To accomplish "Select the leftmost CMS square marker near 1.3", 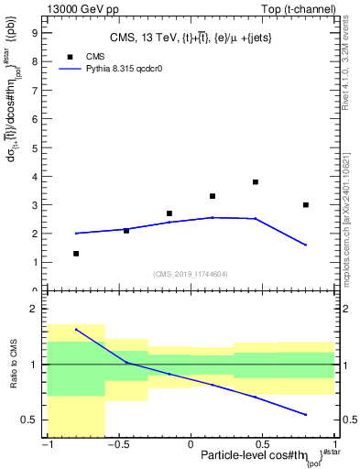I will pos(76,254).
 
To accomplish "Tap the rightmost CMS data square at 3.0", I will pos(306,205).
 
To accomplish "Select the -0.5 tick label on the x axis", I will pos(117,444).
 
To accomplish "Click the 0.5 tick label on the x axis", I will pos(264,444).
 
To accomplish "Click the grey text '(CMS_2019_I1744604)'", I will pos(191,273).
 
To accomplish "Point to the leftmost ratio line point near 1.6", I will pos(76,330).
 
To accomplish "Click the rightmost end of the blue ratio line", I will pos(306,415).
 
